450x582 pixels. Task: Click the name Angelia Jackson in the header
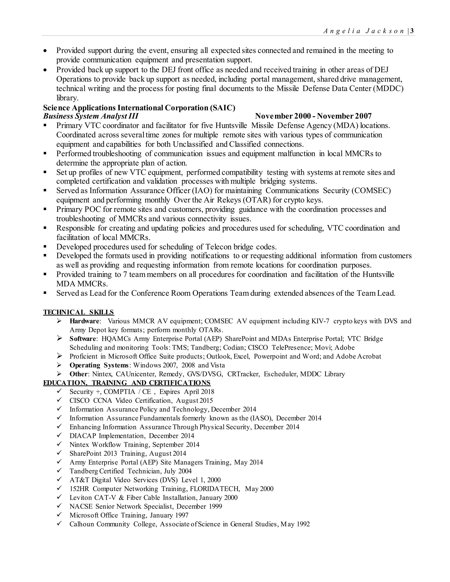pyautogui.click(x=364, y=31)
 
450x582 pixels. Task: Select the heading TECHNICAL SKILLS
pyautogui.click(x=78, y=312)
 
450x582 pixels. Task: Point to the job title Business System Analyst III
pyautogui.click(x=91, y=116)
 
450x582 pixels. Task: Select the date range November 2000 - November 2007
pyautogui.click(x=313, y=116)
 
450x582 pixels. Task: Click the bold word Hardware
pyautogui.click(x=84, y=321)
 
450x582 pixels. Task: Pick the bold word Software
pyautogui.click(x=83, y=339)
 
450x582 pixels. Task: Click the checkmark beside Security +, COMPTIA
pyautogui.click(x=60, y=391)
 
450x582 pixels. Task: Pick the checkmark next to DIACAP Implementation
pyautogui.click(x=60, y=436)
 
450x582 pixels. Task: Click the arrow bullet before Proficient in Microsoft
pyautogui.click(x=60, y=356)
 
